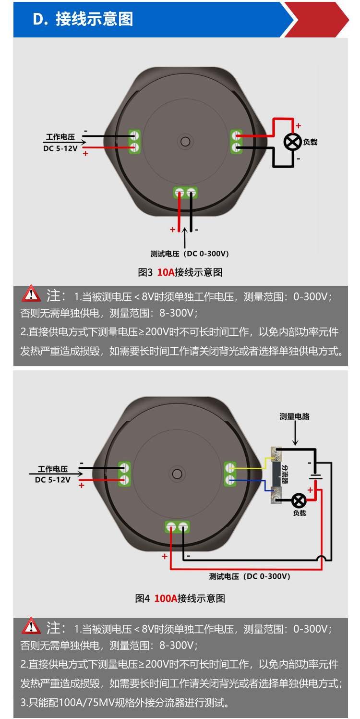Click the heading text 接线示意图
tap(94, 19)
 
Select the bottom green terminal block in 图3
tap(185, 193)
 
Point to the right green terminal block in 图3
tap(236, 141)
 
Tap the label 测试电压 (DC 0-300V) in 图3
tap(189, 254)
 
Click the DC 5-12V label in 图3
tap(60, 149)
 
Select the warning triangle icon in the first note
tap(32, 293)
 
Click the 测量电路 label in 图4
tap(295, 416)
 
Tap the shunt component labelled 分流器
tap(277, 473)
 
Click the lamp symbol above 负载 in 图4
tap(300, 500)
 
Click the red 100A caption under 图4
tap(166, 598)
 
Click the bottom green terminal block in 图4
tap(176, 527)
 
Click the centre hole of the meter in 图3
tap(185, 142)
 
